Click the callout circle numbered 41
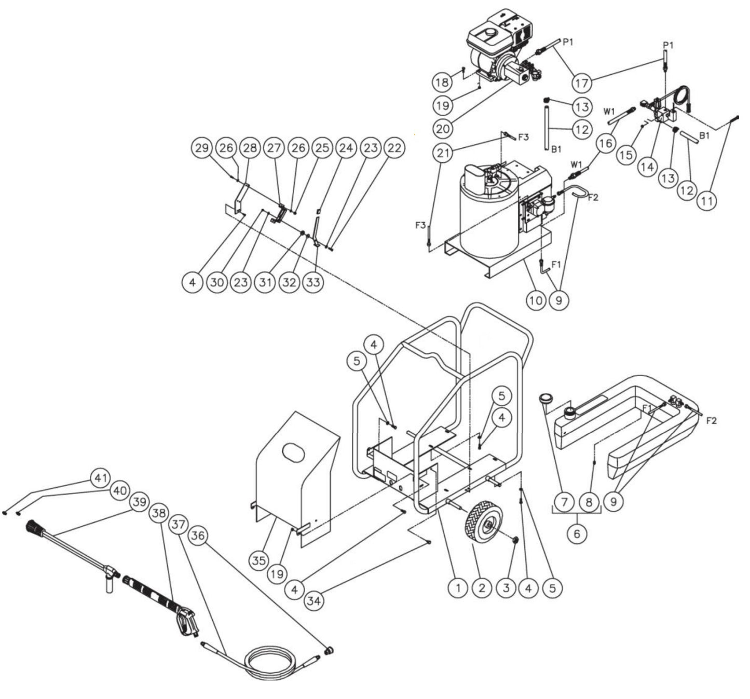100,477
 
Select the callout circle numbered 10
536,300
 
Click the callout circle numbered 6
577,534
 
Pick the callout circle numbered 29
201,148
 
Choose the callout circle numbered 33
313,282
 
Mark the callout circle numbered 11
705,201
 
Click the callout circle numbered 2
482,588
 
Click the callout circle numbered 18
443,82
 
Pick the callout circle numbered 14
647,167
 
